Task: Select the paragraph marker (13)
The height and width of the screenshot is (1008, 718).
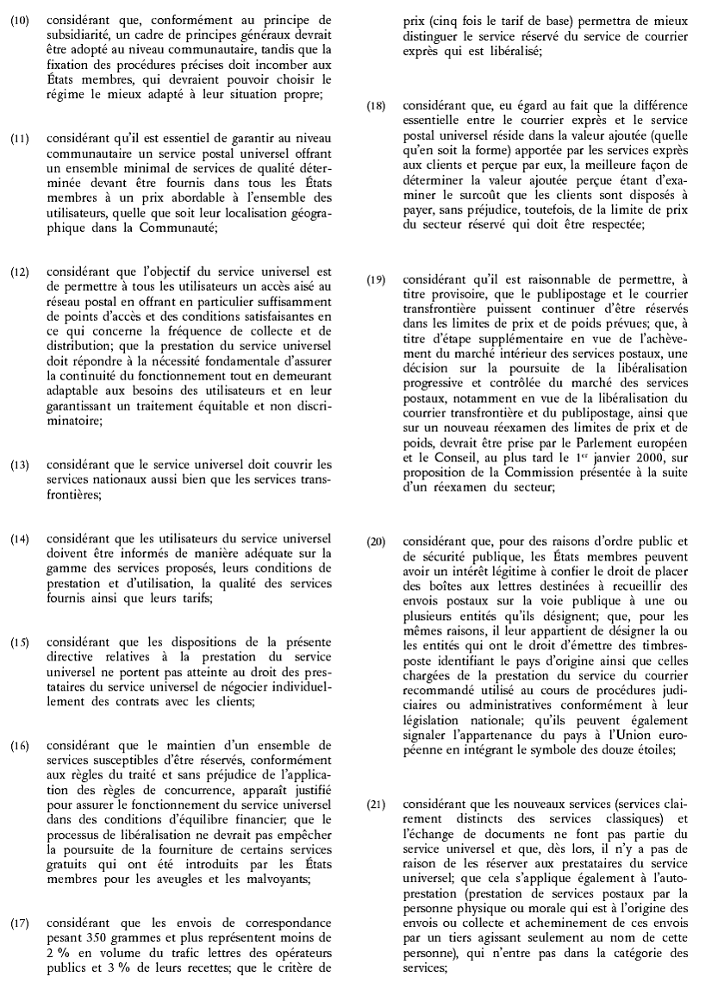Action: coord(17,466)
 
